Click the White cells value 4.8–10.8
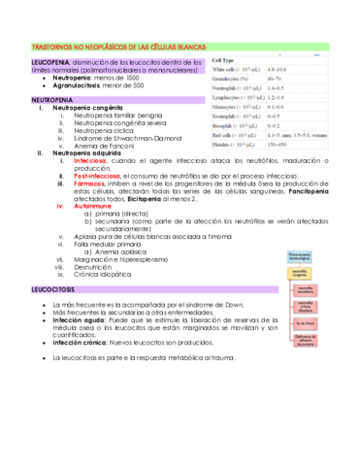pos(288,69)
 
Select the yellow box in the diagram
pos(303,275)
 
